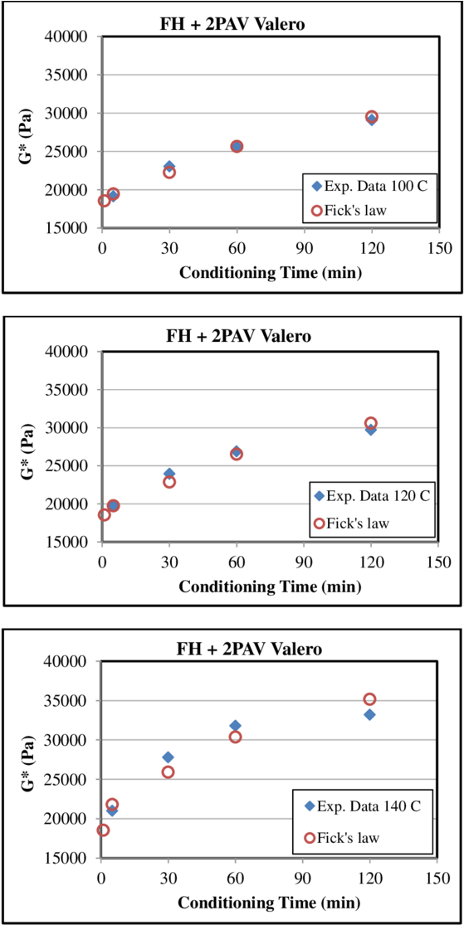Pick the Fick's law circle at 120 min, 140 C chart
click(x=369, y=699)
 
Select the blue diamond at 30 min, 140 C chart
click(x=169, y=757)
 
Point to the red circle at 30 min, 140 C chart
click(x=169, y=772)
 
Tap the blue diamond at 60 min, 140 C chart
click(x=236, y=726)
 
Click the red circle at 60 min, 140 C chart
click(x=236, y=737)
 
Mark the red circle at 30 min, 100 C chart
click(x=169, y=173)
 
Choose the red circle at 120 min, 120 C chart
click(x=371, y=423)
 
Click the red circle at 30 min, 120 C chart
click(x=169, y=481)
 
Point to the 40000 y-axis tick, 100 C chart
click(x=72, y=37)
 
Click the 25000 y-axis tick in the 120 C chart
click(x=72, y=466)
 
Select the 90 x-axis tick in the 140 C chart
click(x=303, y=876)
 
